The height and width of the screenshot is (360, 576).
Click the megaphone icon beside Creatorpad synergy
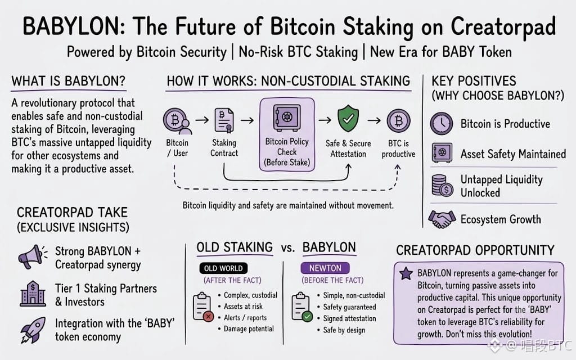[x=32, y=256]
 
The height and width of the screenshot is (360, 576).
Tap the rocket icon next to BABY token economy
[x=33, y=330]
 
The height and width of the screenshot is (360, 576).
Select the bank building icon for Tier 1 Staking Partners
[x=33, y=294]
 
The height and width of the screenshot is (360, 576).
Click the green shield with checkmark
[x=348, y=119]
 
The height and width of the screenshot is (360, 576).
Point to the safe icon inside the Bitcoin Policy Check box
[x=287, y=118]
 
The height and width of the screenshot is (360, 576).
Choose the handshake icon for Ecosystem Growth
[x=442, y=219]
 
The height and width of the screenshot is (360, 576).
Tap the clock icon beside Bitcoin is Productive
[x=442, y=123]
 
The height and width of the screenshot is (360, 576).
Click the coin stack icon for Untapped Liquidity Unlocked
[x=442, y=186]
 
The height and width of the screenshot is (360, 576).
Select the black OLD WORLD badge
[x=223, y=268]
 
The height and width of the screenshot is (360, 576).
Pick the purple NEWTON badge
[x=325, y=268]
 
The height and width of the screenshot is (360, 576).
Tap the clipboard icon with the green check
[x=302, y=307]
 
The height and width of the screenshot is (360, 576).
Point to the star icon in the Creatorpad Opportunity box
[x=406, y=273]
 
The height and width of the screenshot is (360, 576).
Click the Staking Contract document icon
[x=224, y=120]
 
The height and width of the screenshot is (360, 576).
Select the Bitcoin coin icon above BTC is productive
[x=399, y=120]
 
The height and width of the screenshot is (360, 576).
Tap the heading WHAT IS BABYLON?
[x=68, y=81]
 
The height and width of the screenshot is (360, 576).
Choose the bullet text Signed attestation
[x=349, y=318]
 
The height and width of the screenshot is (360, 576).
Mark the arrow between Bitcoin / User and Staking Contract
[x=202, y=120]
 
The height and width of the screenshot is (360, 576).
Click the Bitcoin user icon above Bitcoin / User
[x=178, y=121]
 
